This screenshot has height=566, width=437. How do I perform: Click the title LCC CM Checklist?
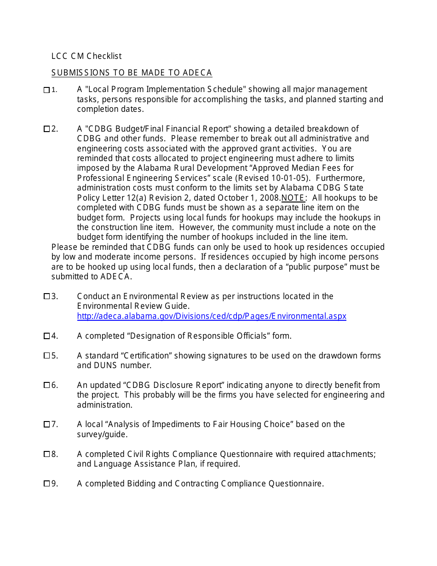(x=86, y=56)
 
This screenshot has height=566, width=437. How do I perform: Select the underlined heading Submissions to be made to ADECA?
(x=132, y=73)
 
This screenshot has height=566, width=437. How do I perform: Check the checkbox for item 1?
(x=46, y=90)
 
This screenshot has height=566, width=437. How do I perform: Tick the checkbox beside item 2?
(x=46, y=129)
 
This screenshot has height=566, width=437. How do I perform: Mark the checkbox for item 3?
(x=46, y=296)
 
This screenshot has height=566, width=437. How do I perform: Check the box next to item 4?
(x=46, y=336)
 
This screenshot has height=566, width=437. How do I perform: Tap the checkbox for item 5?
(x=46, y=356)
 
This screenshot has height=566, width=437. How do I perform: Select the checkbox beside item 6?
(x=46, y=385)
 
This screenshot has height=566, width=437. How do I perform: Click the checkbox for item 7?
(x=46, y=424)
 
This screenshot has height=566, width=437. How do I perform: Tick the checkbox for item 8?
(x=46, y=454)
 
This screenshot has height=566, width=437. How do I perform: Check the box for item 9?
(x=46, y=484)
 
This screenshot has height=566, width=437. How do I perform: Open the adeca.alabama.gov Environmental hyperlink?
(x=212, y=316)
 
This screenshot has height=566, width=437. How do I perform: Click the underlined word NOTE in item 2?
(x=293, y=198)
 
